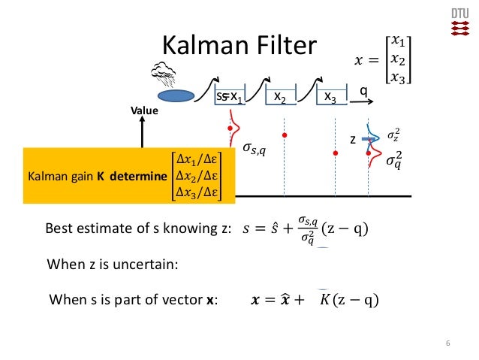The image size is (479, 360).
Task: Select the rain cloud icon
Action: pyautogui.click(x=164, y=74)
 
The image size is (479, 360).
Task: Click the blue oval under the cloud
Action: pyautogui.click(x=176, y=96)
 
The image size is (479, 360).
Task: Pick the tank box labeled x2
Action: pyautogui.click(x=280, y=97)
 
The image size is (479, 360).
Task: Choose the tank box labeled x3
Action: pyautogui.click(x=330, y=97)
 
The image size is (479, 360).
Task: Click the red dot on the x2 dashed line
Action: pyautogui.click(x=284, y=135)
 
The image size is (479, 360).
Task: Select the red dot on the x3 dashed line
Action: pyautogui.click(x=335, y=153)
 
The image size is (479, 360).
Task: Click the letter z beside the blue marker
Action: pyautogui.click(x=352, y=141)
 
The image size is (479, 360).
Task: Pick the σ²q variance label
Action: pyautogui.click(x=393, y=160)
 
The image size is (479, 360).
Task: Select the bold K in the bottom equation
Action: pyautogui.click(x=324, y=301)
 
